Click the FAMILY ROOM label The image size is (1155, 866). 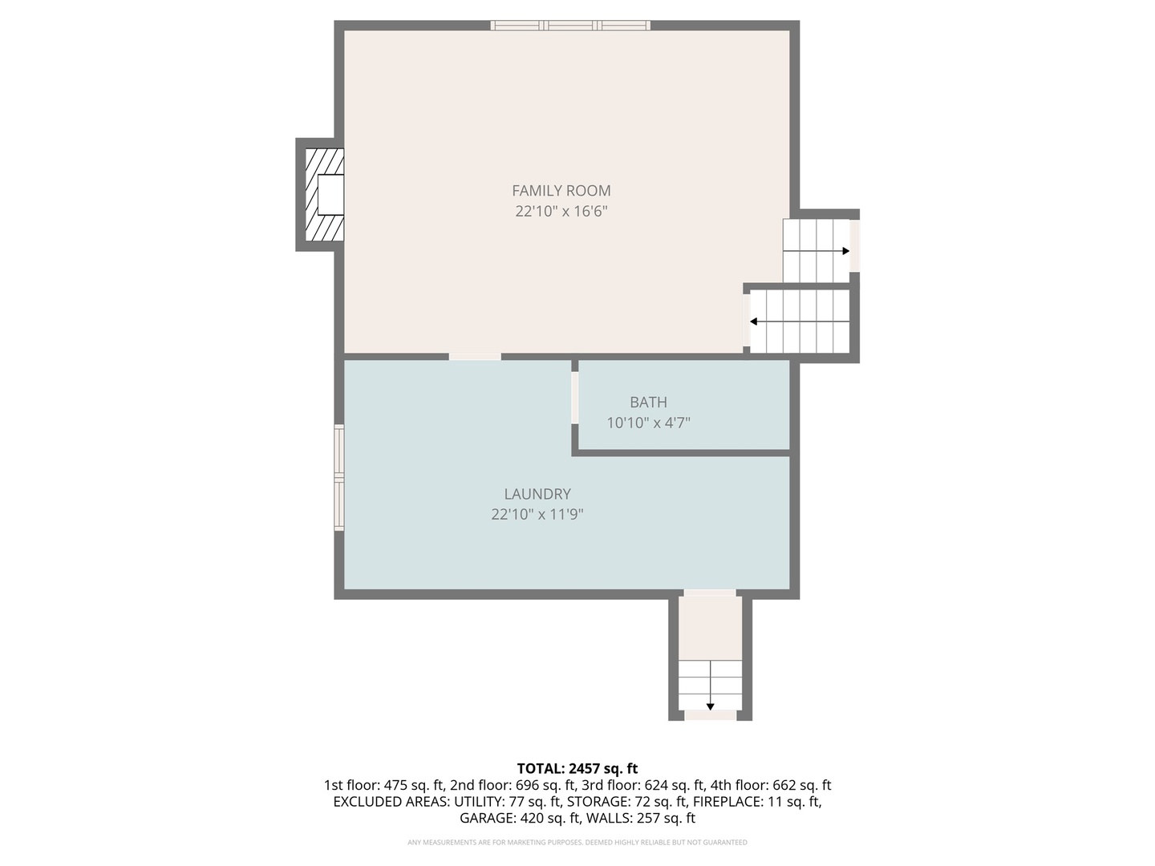[561, 191]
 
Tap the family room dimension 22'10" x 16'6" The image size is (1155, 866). [561, 212]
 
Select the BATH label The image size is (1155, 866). [648, 403]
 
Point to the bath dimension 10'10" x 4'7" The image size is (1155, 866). [648, 423]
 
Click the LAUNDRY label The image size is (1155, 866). [537, 495]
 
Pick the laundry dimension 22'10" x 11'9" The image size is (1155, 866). [537, 515]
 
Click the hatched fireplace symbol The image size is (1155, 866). [324, 195]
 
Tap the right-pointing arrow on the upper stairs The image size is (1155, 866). [845, 251]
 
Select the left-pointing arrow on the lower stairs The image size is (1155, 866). [754, 322]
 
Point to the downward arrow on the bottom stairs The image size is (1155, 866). [710, 706]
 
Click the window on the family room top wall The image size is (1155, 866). [570, 26]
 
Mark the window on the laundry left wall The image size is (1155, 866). [339, 478]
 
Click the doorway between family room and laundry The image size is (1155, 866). [475, 356]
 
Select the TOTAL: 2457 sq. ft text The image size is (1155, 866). [577, 769]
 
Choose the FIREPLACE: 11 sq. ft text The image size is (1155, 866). [756, 802]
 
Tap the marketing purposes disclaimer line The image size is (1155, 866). [577, 843]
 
